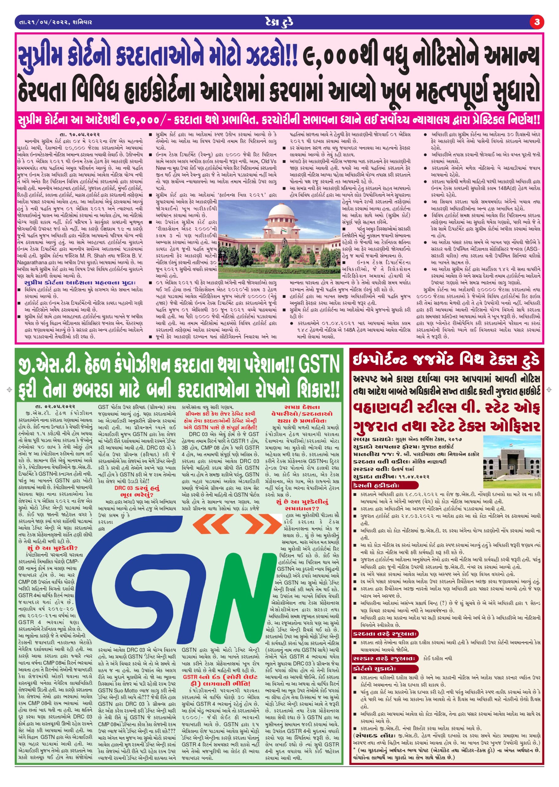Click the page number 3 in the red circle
tap(537, 22)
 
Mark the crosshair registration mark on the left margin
tap(9, 390)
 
